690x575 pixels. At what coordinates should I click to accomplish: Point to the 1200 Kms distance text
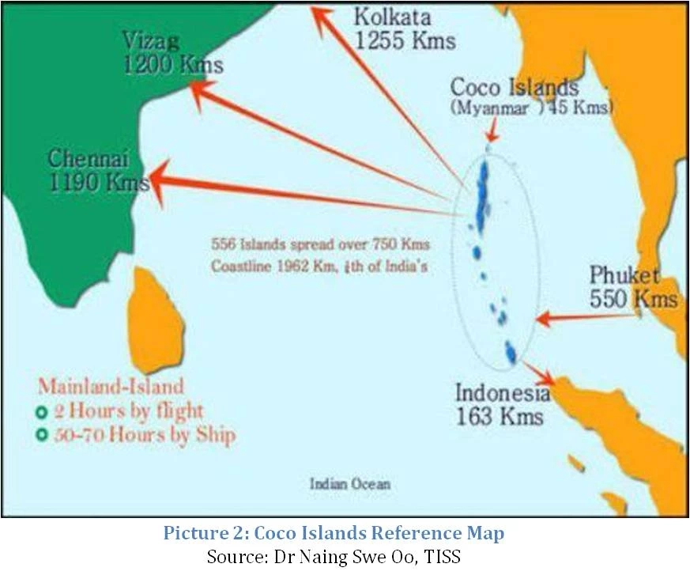tap(172, 66)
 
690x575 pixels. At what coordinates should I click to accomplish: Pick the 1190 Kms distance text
tap(98, 183)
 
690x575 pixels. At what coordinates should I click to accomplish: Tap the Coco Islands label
tap(525, 88)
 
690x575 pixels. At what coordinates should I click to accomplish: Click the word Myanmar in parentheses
tap(490, 108)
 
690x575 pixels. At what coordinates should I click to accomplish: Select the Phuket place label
tap(624, 276)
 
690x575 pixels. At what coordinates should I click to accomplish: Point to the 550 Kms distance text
tap(633, 299)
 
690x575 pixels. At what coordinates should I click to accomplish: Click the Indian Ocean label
tap(349, 484)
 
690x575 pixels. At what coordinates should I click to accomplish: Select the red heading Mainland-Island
tap(111, 388)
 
